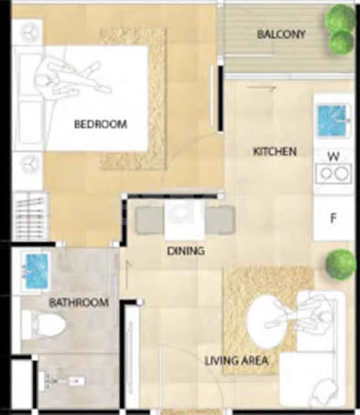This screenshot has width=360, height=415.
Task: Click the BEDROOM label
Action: [x=101, y=124]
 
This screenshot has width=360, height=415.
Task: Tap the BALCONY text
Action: [x=282, y=34]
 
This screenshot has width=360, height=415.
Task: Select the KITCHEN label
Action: [x=275, y=152]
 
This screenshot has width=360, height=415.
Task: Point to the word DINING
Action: [x=186, y=251]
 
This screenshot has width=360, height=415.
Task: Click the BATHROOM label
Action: [x=79, y=302]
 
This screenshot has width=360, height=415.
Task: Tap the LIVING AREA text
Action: [x=237, y=361]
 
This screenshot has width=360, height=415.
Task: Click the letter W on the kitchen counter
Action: [x=333, y=157]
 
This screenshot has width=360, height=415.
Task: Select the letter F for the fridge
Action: [x=333, y=218]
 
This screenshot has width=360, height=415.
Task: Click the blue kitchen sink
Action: [x=332, y=121]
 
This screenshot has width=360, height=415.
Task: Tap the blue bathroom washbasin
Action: [x=36, y=271]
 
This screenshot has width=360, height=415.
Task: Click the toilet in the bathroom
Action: [x=44, y=325]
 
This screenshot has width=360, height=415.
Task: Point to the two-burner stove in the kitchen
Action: [x=333, y=174]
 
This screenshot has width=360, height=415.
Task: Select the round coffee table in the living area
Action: [x=267, y=322]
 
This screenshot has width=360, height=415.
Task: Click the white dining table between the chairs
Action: [x=185, y=220]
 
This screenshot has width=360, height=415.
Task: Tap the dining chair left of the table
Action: [x=149, y=220]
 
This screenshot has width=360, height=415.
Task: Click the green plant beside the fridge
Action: [x=341, y=265]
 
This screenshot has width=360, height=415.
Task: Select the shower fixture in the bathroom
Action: [x=62, y=381]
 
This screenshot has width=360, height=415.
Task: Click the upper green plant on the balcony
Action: [x=340, y=18]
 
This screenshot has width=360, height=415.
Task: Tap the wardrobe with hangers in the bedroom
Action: [x=30, y=217]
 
